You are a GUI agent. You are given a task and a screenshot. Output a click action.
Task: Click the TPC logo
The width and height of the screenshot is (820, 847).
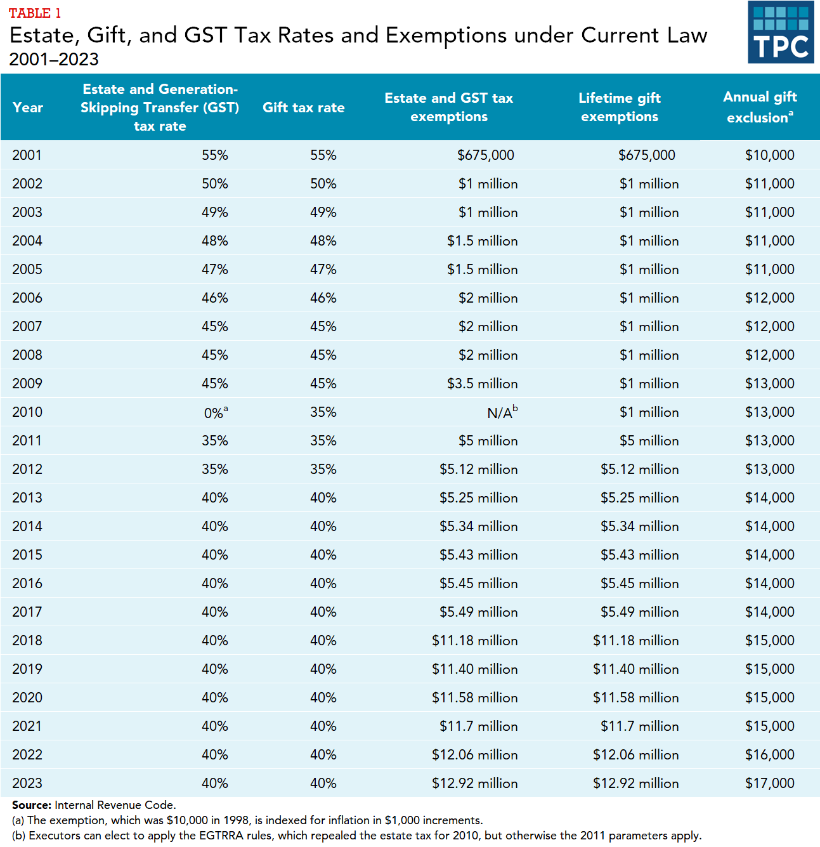coord(781,32)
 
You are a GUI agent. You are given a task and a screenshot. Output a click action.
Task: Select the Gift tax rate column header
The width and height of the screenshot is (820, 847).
coord(303,108)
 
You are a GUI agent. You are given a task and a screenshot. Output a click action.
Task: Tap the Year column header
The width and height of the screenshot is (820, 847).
coord(28,108)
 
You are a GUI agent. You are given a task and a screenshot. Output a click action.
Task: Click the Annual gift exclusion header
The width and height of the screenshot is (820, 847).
coord(760,107)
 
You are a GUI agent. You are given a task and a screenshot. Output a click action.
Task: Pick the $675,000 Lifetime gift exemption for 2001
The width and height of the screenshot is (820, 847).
coord(646,155)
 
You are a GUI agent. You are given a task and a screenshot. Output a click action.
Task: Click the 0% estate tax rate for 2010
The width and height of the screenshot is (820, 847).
coord(215,413)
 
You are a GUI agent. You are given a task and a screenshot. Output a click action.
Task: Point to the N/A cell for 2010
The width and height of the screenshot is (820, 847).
coord(502,412)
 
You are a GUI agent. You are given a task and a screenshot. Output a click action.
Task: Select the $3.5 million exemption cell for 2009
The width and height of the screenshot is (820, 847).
coord(482,384)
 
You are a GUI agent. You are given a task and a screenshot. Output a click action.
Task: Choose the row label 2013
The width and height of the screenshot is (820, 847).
coord(27,498)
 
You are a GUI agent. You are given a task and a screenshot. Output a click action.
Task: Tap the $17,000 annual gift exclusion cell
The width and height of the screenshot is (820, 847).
coord(769,784)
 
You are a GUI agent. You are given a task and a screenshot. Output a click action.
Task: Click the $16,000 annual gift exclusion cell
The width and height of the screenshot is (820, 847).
coord(769,755)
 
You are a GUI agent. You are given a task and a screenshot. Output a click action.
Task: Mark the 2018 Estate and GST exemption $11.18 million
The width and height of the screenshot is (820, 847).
coord(474,641)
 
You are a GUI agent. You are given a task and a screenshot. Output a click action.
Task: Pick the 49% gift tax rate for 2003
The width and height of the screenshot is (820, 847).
coord(323,213)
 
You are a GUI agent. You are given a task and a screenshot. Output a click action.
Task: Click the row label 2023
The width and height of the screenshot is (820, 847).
coord(27,784)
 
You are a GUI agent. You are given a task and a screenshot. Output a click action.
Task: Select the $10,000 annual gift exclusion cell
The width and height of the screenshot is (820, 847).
coord(769,155)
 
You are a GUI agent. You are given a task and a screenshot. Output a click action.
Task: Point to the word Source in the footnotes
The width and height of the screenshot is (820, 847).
coord(31,805)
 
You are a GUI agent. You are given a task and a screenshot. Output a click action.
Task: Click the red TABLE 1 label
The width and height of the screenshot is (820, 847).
coord(35,13)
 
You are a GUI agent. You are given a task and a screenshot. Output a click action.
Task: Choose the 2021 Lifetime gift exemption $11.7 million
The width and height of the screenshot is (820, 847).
coord(639,726)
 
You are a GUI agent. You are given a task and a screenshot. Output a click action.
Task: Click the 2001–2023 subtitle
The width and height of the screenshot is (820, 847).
coord(54,60)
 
